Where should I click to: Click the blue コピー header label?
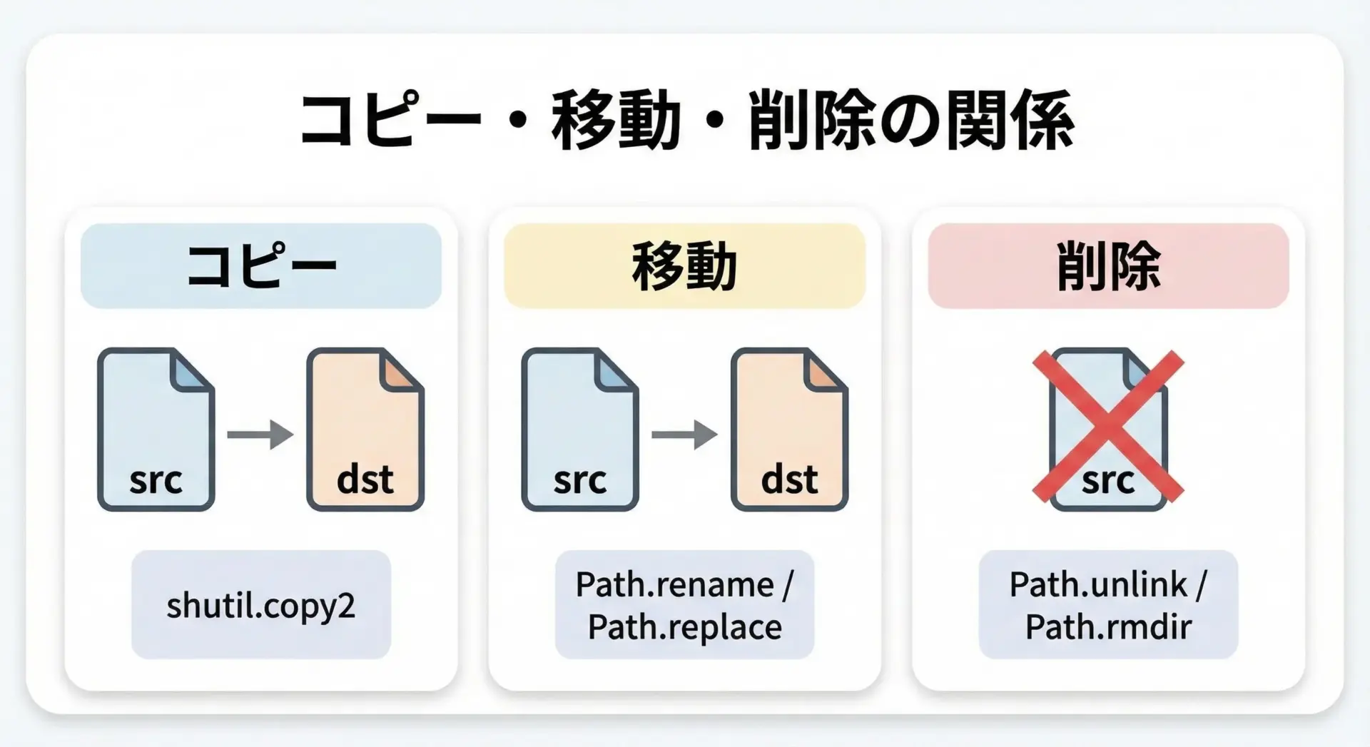click(261, 265)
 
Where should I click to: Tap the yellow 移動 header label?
click(684, 265)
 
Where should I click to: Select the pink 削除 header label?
click(1108, 265)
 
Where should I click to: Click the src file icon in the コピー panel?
click(156, 430)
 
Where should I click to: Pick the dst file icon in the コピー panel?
click(365, 430)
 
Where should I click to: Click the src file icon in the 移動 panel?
click(579, 430)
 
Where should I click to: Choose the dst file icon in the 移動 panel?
click(789, 430)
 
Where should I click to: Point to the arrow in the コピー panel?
click(260, 434)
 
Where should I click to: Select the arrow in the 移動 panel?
click(684, 434)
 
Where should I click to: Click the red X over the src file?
click(1108, 425)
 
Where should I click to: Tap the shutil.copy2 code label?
click(261, 605)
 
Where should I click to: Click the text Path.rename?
click(675, 585)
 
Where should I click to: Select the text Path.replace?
click(685, 626)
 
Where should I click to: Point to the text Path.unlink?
click(1098, 585)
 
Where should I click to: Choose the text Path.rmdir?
click(1108, 626)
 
